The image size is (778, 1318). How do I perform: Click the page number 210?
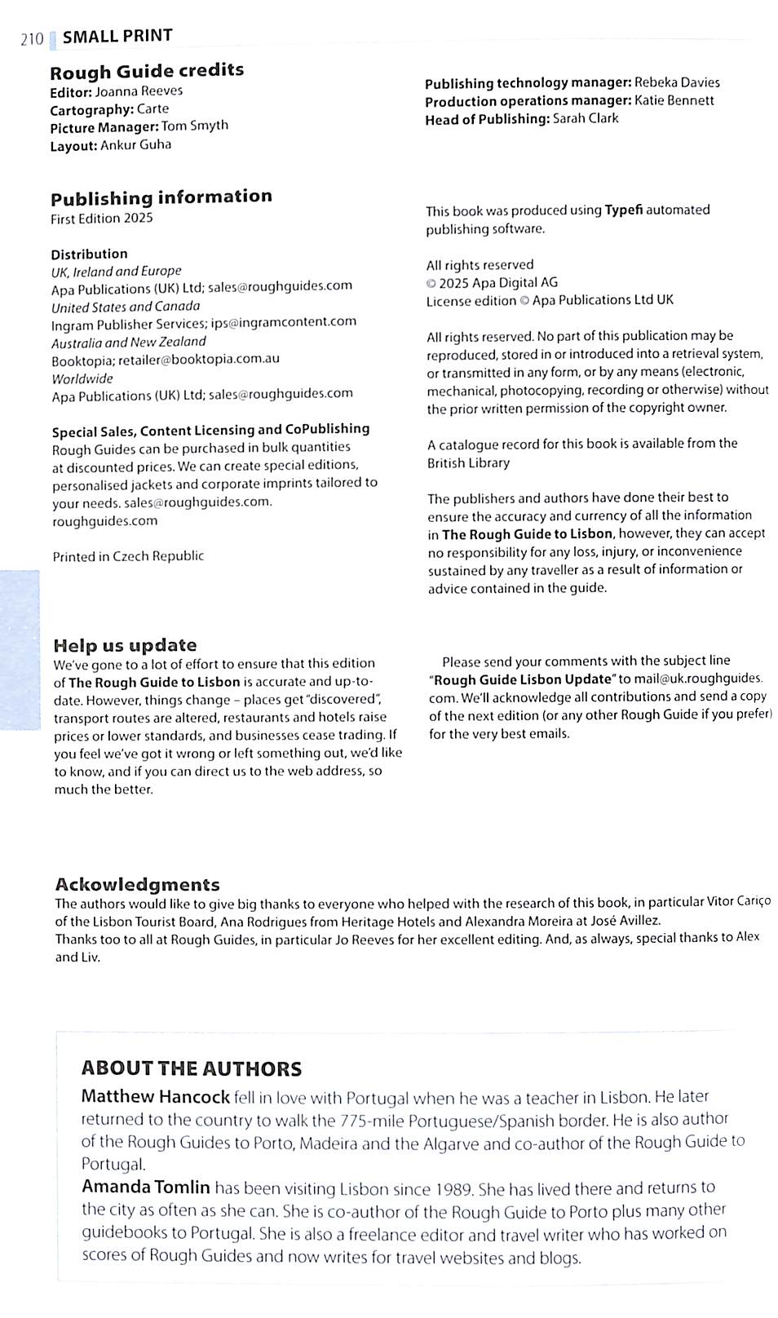click(32, 38)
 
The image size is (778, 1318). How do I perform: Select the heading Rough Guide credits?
click(147, 70)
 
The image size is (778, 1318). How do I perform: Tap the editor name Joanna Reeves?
click(139, 91)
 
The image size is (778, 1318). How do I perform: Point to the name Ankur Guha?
click(135, 144)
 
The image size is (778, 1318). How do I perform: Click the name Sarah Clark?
click(586, 118)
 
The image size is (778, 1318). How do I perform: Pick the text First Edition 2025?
click(102, 218)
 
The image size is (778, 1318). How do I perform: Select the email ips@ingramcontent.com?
click(284, 321)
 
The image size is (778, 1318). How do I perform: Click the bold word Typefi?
click(623, 210)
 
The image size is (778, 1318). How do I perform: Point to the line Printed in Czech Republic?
click(128, 556)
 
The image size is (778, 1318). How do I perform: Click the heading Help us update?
click(126, 645)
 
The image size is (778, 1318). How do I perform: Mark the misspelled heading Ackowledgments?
click(137, 884)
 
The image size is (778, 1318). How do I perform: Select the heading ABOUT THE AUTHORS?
click(192, 1068)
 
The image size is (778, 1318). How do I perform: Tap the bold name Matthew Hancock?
click(155, 1097)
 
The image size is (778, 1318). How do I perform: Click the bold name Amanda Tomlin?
click(146, 1188)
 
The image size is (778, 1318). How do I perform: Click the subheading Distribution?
click(89, 254)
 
